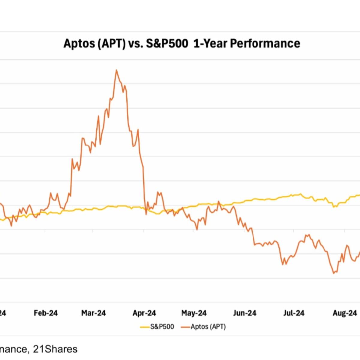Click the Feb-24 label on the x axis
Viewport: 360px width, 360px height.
click(46, 313)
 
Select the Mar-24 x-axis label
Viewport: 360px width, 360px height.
click(93, 313)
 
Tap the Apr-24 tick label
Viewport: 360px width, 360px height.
click(144, 313)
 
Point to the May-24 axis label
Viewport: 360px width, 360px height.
click(194, 313)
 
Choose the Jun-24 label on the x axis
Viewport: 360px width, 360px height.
click(244, 313)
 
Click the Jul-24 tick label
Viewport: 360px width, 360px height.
click(294, 313)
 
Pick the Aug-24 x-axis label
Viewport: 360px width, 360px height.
click(345, 313)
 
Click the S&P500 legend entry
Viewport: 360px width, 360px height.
click(162, 327)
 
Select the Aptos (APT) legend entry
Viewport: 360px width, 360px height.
click(208, 327)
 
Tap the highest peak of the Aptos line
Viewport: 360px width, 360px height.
click(116, 70)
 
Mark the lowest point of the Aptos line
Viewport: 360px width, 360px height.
click(334, 273)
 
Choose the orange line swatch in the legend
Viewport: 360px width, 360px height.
click(185, 327)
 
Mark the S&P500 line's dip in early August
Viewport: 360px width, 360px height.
click(334, 207)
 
